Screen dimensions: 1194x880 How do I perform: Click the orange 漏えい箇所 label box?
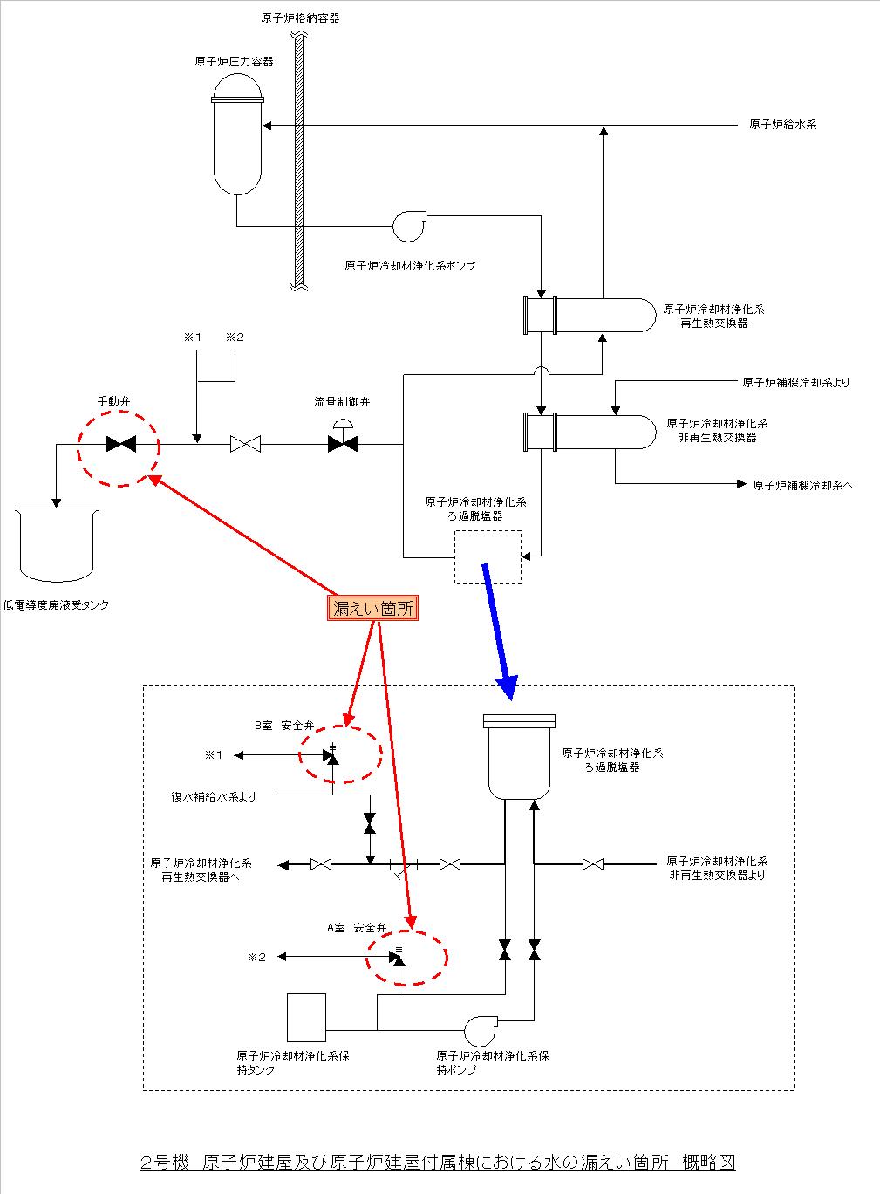(374, 609)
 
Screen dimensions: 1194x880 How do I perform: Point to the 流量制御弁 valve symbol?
(343, 443)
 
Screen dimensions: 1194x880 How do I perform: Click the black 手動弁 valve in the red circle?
(119, 444)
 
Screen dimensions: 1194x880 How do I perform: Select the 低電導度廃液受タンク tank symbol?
(56, 546)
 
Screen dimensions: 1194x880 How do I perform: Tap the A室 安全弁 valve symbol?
(399, 958)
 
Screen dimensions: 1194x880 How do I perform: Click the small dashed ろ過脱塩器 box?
(488, 557)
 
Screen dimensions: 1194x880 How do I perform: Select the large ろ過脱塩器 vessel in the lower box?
(519, 756)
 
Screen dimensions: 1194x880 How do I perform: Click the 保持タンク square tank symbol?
(306, 1017)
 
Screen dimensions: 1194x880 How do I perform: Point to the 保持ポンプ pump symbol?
(480, 1030)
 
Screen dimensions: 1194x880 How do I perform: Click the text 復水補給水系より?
(214, 796)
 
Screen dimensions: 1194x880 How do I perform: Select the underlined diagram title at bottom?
(438, 1163)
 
